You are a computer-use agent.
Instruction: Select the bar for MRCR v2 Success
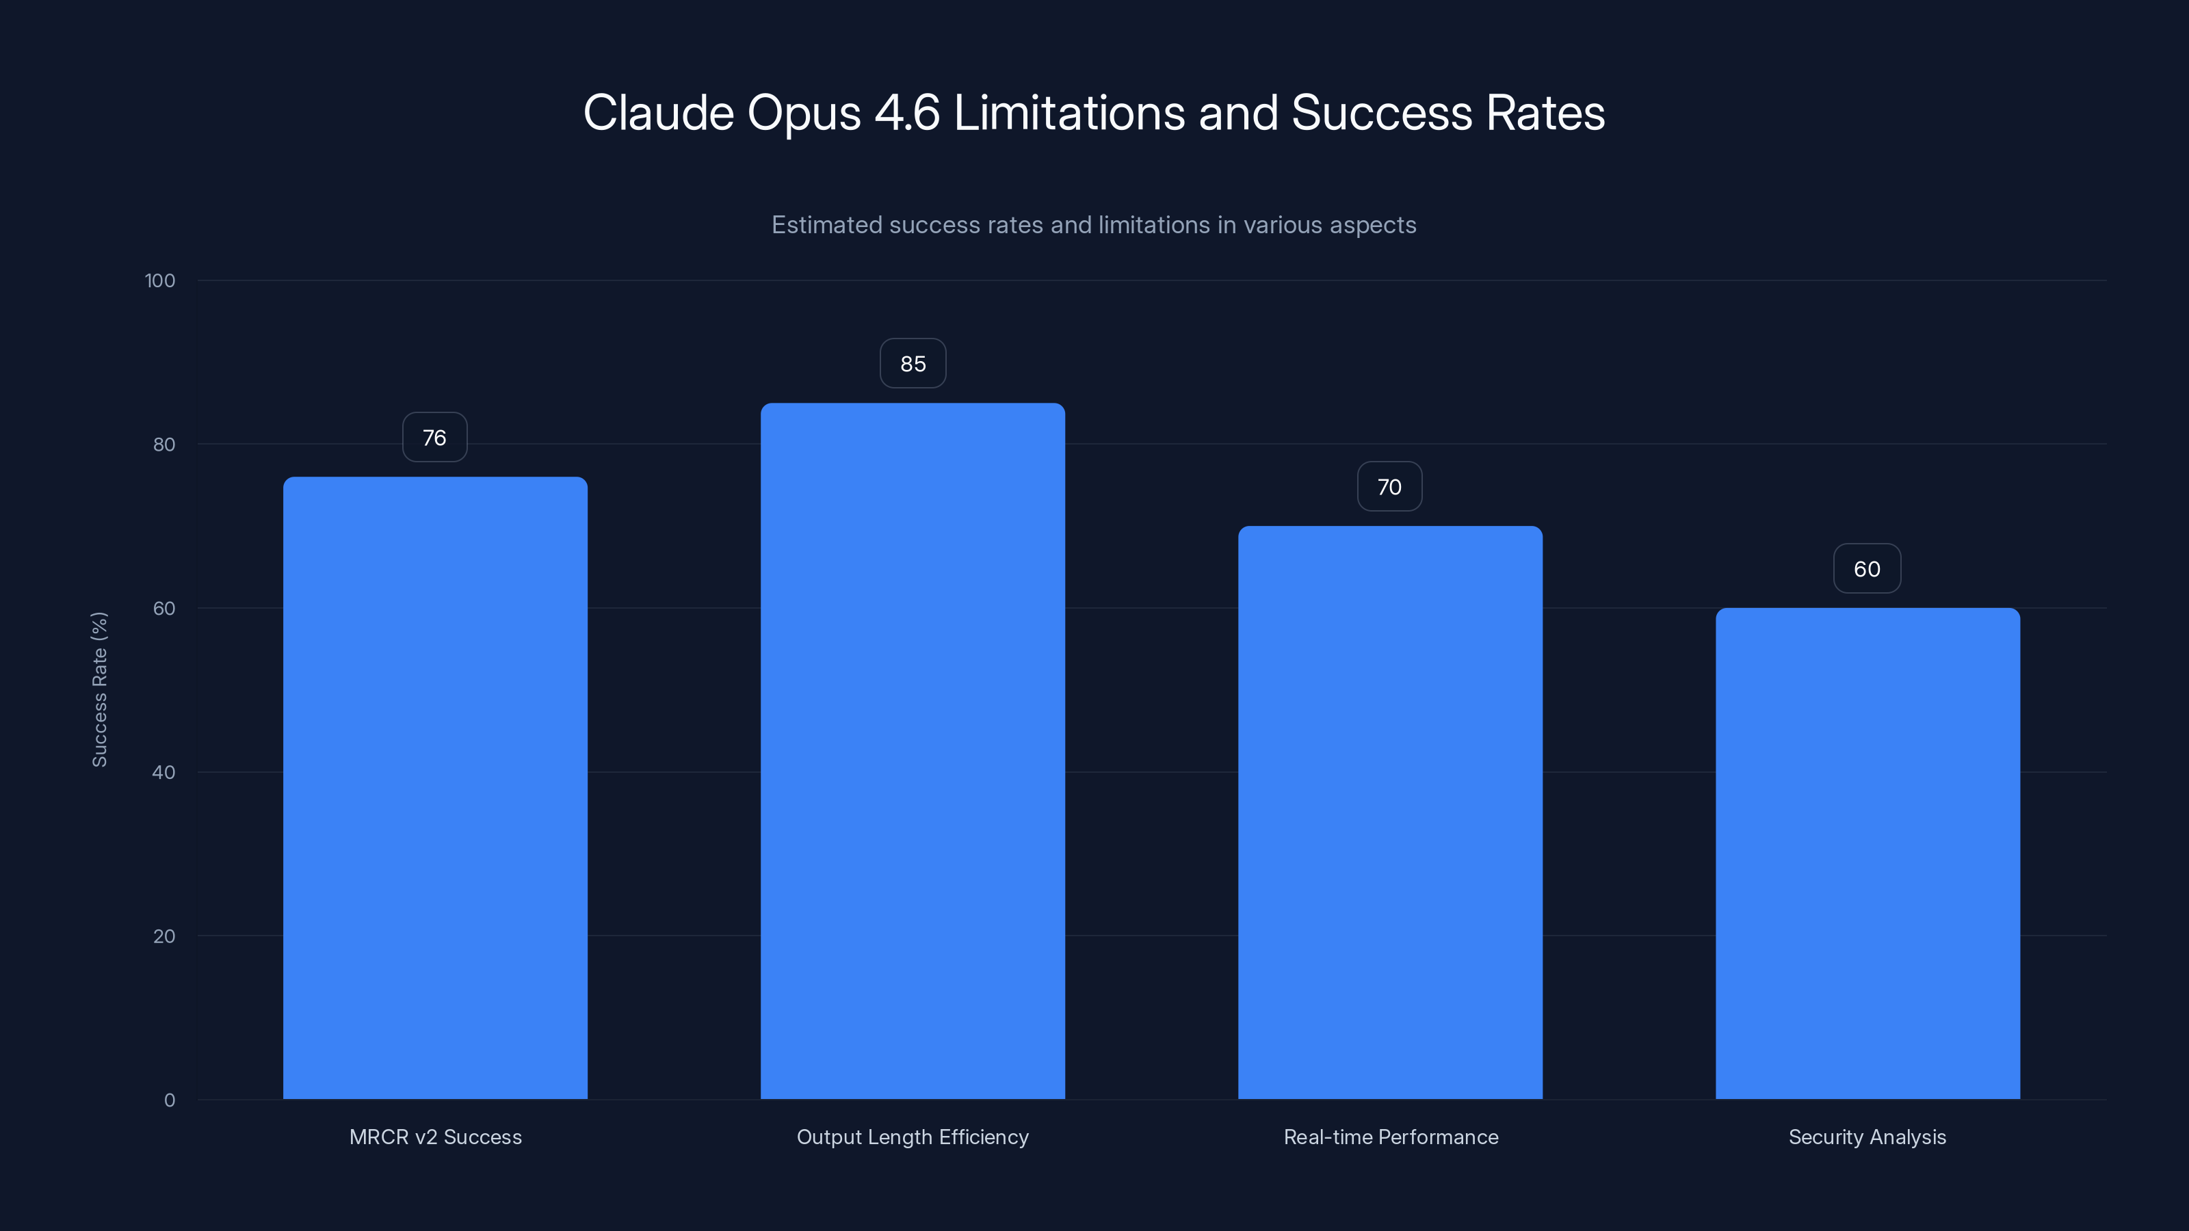(435, 788)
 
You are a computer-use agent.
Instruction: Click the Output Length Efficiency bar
(913, 751)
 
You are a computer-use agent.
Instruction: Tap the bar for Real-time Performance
(1390, 812)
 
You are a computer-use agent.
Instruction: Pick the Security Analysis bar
(1867, 853)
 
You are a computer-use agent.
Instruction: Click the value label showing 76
(435, 438)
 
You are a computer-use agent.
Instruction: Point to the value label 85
(913, 364)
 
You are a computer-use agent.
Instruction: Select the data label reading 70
(1389, 487)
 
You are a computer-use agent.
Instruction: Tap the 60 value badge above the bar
(1867, 569)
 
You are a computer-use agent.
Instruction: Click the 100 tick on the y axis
(160, 280)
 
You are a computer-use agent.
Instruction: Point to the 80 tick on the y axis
(164, 445)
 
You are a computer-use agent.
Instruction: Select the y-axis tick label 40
(164, 772)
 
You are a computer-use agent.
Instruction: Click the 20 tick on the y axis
(164, 936)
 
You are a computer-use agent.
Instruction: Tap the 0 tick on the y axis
(170, 1100)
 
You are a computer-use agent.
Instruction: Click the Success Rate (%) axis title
(99, 689)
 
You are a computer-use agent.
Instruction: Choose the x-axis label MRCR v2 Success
(435, 1137)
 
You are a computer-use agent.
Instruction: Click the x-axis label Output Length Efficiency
(913, 1137)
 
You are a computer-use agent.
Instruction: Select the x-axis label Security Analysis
(1867, 1137)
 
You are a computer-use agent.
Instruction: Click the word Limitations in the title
(1069, 113)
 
